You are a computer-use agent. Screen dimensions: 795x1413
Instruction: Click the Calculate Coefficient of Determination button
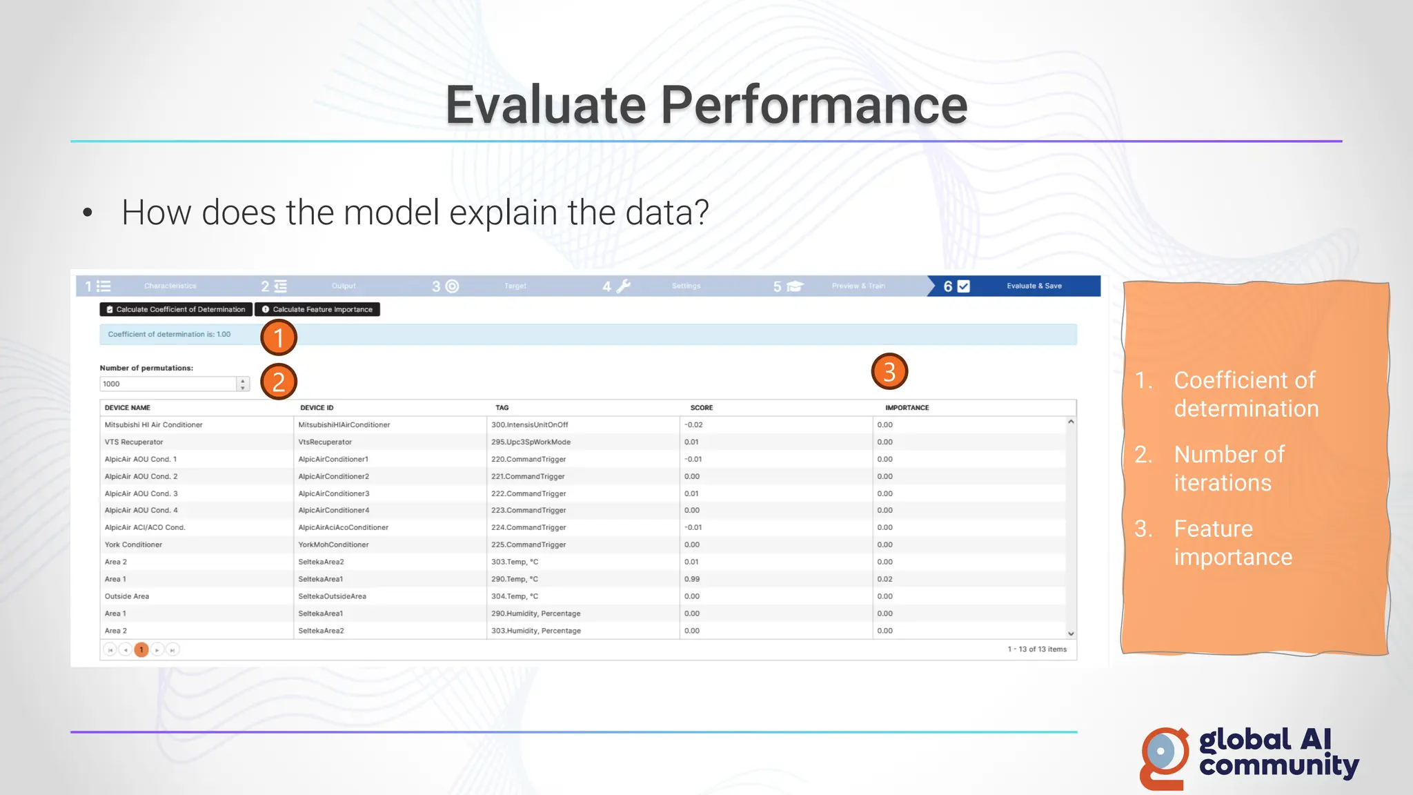coord(177,309)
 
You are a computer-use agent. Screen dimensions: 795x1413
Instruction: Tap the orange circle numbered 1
coord(279,337)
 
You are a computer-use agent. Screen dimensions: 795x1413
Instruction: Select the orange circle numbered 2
coord(279,382)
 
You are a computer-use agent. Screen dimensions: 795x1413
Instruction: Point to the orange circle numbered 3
coord(889,372)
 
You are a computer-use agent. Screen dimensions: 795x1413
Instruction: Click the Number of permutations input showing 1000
coord(168,384)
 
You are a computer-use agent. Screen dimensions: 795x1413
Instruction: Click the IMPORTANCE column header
coord(907,408)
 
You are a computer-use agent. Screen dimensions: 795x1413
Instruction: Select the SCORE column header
coord(702,408)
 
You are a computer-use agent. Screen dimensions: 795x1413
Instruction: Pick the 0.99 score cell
coord(692,579)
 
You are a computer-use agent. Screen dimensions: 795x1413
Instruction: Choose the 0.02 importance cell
coord(885,579)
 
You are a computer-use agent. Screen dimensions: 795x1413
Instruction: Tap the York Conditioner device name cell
coord(133,544)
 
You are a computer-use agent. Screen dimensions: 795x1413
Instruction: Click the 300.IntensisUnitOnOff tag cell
coord(530,425)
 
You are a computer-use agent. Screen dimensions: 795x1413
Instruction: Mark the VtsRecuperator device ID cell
coord(325,442)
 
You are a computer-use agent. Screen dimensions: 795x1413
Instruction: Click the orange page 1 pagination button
coord(141,649)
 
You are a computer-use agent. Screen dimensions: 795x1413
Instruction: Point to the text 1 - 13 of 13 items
coord(1037,649)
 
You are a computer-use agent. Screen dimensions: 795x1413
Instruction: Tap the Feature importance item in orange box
coord(1232,542)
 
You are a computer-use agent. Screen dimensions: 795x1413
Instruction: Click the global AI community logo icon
coord(1164,757)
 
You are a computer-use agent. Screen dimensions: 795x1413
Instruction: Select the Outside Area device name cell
coord(127,596)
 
